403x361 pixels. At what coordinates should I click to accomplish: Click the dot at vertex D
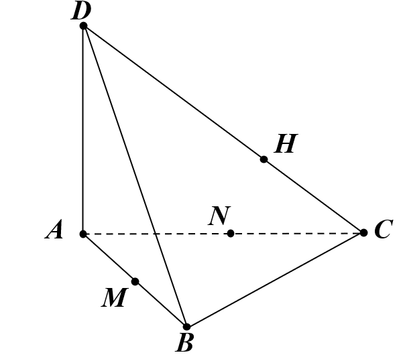click(x=84, y=26)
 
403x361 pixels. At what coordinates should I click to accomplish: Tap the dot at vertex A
click(x=83, y=234)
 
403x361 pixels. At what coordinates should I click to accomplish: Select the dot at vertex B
click(x=187, y=327)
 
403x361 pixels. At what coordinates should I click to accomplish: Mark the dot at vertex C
click(x=363, y=232)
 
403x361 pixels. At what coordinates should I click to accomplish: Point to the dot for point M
click(x=135, y=282)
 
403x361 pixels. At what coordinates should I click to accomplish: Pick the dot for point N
click(x=231, y=233)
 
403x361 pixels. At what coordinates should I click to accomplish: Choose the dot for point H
click(x=264, y=159)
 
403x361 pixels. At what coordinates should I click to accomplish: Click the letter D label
click(x=81, y=11)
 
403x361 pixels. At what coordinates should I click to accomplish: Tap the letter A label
click(x=54, y=230)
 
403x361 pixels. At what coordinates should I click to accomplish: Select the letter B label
click(x=184, y=343)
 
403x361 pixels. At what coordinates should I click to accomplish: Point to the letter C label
click(x=384, y=229)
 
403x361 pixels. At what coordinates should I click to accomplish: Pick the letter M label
click(x=115, y=297)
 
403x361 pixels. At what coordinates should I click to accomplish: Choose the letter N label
click(x=219, y=216)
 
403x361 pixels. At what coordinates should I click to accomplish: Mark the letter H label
click(x=286, y=143)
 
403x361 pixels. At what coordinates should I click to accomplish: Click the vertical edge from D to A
click(x=83, y=130)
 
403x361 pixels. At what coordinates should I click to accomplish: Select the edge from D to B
click(x=135, y=176)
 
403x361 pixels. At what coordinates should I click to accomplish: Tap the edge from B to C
click(x=276, y=280)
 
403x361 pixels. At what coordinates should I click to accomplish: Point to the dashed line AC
click(x=223, y=233)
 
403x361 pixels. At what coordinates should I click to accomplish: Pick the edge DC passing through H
click(x=223, y=129)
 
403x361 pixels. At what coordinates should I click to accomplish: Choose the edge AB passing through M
click(x=135, y=281)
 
